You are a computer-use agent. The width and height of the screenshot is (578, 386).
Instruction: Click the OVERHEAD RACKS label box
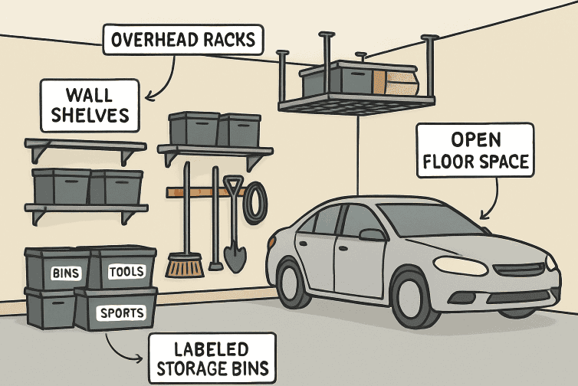pyautogui.click(x=183, y=40)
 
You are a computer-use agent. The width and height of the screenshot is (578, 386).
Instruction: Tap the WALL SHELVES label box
pyautogui.click(x=90, y=106)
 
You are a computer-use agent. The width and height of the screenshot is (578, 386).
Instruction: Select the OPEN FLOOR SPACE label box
pyautogui.click(x=475, y=150)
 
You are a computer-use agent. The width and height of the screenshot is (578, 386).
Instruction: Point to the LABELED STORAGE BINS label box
pyautogui.click(x=212, y=358)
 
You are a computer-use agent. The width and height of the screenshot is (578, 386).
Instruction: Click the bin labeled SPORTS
pyautogui.click(x=116, y=309)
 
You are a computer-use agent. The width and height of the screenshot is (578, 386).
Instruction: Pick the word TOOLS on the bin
pyautogui.click(x=126, y=272)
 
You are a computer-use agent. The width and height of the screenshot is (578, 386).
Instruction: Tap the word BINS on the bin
pyautogui.click(x=66, y=273)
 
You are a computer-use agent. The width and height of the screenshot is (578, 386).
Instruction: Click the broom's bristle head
pyautogui.click(x=184, y=265)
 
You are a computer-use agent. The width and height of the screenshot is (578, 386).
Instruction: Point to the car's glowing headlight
pyautogui.click(x=461, y=266)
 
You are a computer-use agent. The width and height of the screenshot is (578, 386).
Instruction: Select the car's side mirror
pyautogui.click(x=372, y=234)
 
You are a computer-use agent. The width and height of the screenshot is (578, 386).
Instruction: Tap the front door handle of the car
pyautogui.click(x=343, y=249)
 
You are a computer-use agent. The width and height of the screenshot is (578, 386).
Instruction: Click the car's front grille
pyautogui.click(x=519, y=270)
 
